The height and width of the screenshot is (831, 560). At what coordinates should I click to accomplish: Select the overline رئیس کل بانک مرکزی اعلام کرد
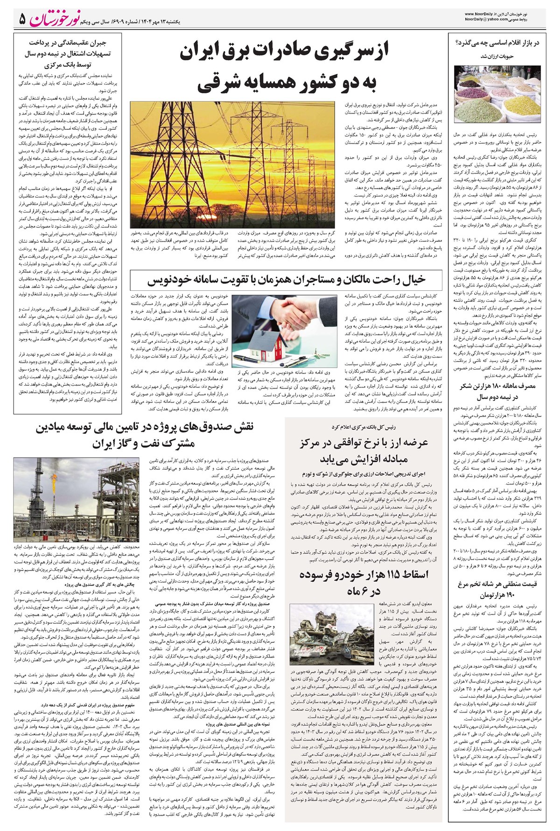point(363,427)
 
